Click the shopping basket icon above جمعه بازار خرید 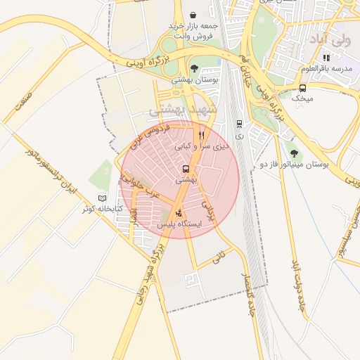pyautogui.click(x=193, y=15)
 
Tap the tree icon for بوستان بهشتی pyautogui.click(x=194, y=69)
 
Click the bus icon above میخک pyautogui.click(x=302, y=89)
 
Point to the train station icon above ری pyautogui.click(x=238, y=122)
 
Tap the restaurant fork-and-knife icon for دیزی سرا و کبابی pyautogui.click(x=202, y=135)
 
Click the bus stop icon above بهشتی pyautogui.click(x=186, y=169)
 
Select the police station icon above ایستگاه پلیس pyautogui.click(x=179, y=212)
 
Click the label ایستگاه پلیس pyautogui.click(x=179, y=224)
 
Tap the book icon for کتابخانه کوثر pyautogui.click(x=103, y=198)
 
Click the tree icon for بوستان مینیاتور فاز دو pyautogui.click(x=294, y=153)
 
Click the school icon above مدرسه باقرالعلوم pyautogui.click(x=326, y=58)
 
